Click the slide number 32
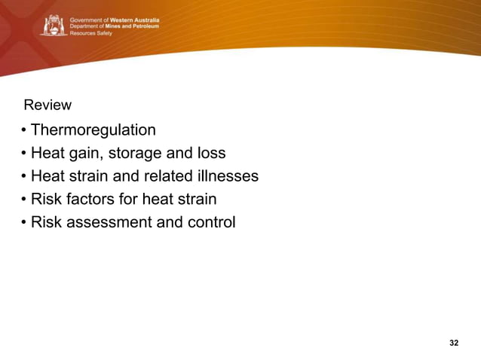[x=453, y=343]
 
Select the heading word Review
[x=47, y=105]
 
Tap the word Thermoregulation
[x=93, y=130]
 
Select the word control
[x=210, y=222]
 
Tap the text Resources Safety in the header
[x=90, y=34]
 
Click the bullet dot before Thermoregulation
[x=24, y=131]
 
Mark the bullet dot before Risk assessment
[x=24, y=223]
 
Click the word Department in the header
[x=87, y=26]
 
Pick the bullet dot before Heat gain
[x=24, y=154]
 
